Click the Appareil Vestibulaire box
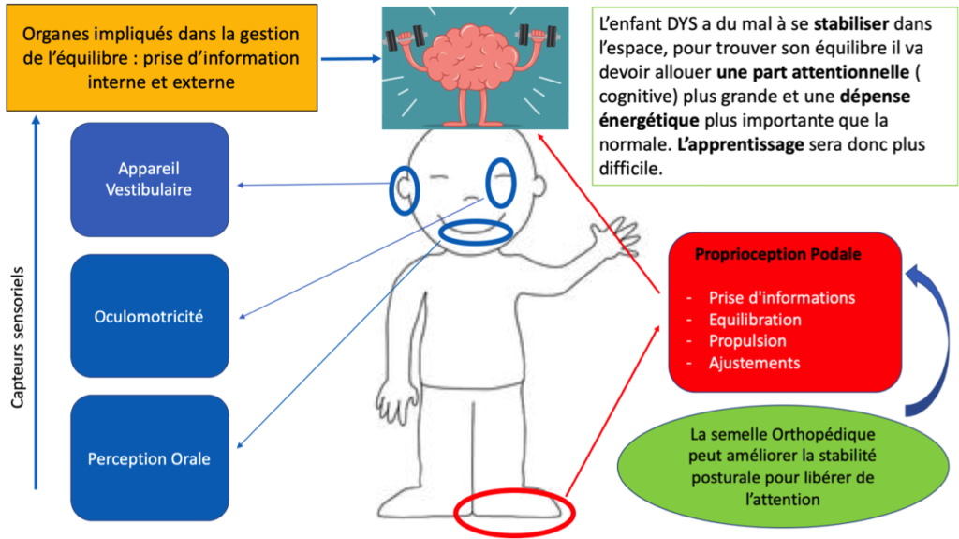tap(150, 179)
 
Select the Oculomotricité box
tap(150, 316)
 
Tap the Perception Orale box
tap(150, 458)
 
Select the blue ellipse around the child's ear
tap(391, 190)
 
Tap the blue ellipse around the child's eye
tap(487, 183)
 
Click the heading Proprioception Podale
tap(778, 254)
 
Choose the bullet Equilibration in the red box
tap(755, 320)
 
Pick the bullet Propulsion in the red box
tap(747, 341)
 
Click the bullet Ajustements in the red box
tap(754, 363)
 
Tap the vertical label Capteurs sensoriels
tap(18, 337)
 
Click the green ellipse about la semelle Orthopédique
tap(783, 466)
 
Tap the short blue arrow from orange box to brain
tap(351, 59)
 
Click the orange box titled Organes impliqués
tap(162, 57)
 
